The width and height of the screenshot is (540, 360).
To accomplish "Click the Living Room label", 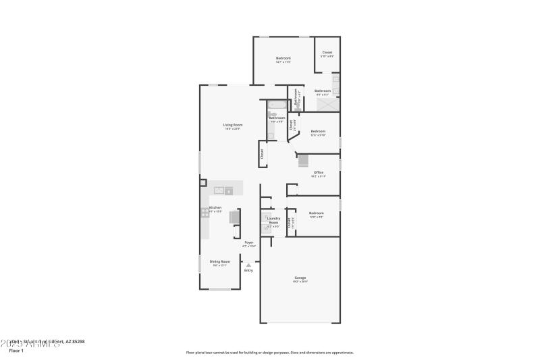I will [x=232, y=125].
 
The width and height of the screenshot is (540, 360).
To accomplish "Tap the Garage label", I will [x=300, y=278].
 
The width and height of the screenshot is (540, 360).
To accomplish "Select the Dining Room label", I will [x=219, y=261].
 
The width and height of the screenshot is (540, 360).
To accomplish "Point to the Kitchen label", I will [x=215, y=208].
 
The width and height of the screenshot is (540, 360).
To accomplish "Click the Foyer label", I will [x=249, y=242].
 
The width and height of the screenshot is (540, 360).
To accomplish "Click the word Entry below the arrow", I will [x=248, y=270].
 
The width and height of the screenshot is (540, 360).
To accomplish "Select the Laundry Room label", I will [x=273, y=220].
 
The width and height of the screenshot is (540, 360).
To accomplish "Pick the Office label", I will [x=318, y=172].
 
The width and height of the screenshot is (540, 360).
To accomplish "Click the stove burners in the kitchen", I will [x=205, y=213].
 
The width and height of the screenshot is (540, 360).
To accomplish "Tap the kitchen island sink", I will [x=219, y=190].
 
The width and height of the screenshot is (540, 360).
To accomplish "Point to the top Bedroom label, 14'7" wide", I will [x=283, y=58].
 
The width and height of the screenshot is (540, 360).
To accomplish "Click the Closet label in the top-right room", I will [x=327, y=53].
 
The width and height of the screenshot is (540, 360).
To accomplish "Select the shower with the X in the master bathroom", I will [x=329, y=105].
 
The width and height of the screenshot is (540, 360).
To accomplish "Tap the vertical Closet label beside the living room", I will [x=262, y=154].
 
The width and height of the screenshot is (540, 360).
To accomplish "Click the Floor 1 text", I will [x=16, y=351].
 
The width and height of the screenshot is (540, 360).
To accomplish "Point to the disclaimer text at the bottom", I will [x=269, y=352].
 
